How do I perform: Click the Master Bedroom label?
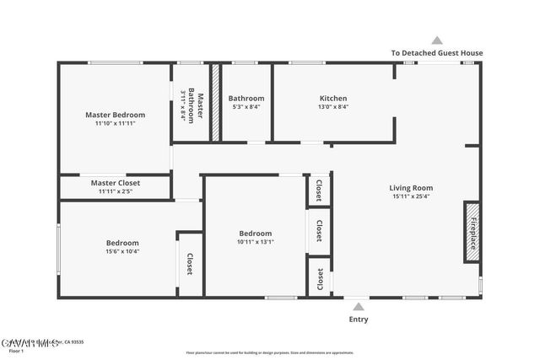click(x=115, y=115)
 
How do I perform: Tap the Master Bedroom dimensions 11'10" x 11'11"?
click(x=115, y=124)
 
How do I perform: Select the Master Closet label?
click(x=116, y=182)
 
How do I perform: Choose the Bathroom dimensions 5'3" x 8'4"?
click(x=246, y=107)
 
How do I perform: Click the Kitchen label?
click(x=332, y=98)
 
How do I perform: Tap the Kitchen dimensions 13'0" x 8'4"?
click(x=332, y=107)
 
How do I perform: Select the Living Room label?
click(x=410, y=187)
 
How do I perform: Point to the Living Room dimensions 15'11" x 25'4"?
click(x=410, y=196)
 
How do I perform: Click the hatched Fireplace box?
click(x=472, y=232)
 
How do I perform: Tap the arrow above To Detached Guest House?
click(x=436, y=40)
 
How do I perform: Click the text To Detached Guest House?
click(x=436, y=53)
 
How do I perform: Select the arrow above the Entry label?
click(x=358, y=307)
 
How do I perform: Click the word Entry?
click(x=358, y=320)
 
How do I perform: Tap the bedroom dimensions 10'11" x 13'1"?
click(x=255, y=243)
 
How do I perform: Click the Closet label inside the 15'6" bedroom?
click(x=190, y=264)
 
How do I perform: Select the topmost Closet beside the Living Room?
click(x=318, y=191)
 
